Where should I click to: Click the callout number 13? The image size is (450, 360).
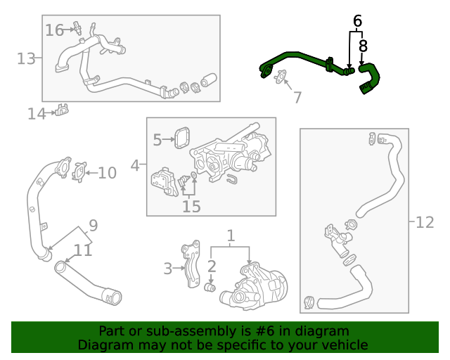click(x=26, y=58)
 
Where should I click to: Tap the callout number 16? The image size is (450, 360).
click(x=54, y=30)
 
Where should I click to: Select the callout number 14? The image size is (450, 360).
click(x=37, y=113)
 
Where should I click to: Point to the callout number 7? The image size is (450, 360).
click(x=297, y=97)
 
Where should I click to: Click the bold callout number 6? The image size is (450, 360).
click(x=357, y=21)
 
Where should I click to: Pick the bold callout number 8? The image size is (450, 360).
click(x=363, y=46)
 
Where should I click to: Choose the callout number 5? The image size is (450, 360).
click(x=157, y=140)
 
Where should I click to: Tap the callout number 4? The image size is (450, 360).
click(x=134, y=166)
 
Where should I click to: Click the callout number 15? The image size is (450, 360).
click(x=191, y=206)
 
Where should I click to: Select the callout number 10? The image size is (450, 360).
click(x=107, y=172)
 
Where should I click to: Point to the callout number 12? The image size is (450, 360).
click(x=425, y=222)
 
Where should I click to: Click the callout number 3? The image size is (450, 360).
click(x=167, y=268)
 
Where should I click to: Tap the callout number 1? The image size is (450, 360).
click(x=230, y=235)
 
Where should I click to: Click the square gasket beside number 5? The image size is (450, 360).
click(x=184, y=137)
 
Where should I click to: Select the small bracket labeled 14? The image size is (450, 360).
click(x=63, y=110)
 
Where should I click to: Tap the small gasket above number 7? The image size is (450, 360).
click(x=281, y=77)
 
